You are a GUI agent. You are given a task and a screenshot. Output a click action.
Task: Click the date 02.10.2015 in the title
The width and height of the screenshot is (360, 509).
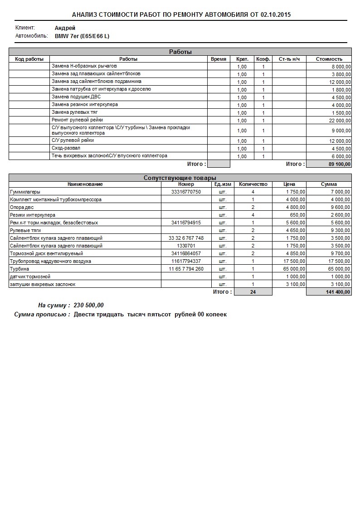tap(276, 15)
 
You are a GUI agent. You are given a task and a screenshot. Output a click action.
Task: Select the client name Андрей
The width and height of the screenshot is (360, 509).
tap(65, 28)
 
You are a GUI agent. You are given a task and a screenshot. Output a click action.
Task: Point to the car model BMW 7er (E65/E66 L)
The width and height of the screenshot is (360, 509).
tap(82, 36)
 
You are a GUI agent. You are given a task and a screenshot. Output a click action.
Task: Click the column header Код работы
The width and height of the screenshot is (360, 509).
tap(29, 59)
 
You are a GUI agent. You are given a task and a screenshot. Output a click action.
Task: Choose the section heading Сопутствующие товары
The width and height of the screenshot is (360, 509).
tap(180, 178)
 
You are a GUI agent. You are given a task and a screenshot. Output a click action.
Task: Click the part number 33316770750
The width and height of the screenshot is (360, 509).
tap(186, 192)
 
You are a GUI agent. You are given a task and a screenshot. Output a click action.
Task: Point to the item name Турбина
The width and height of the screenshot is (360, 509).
tap(19, 269)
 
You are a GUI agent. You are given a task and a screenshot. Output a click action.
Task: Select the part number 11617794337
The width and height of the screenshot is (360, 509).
tap(186, 262)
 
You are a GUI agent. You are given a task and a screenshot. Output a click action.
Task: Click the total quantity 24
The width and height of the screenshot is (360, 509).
tap(253, 292)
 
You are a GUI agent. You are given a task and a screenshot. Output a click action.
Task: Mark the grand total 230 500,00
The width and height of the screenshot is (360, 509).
tap(88, 305)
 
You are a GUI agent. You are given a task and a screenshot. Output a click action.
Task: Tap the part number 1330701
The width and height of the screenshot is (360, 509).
tap(186, 246)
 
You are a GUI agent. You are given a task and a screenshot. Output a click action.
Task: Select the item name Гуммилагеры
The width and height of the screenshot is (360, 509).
tap(25, 192)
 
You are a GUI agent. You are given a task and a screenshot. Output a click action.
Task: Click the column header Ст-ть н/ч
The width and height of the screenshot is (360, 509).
tap(289, 59)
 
